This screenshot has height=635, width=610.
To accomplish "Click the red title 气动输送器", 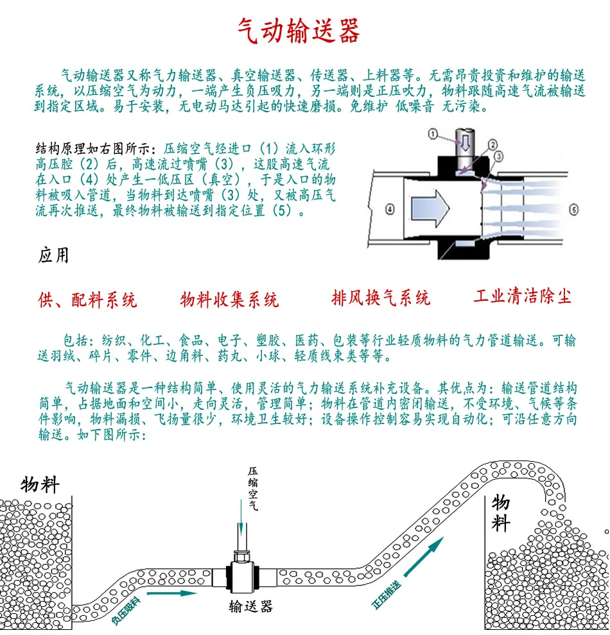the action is coord(299,30).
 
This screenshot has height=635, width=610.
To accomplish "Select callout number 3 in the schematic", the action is coord(499,156).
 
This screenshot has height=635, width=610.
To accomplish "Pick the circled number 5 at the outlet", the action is coord(573,208).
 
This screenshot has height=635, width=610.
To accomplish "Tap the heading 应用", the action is coord(53,256).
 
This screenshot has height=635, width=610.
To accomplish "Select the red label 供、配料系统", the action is coord(87,300).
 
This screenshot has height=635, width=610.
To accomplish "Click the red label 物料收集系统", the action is coord(229,300).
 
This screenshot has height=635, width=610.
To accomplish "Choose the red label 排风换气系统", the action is coord(381,298).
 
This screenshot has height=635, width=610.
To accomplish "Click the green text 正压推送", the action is coord(390,593).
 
